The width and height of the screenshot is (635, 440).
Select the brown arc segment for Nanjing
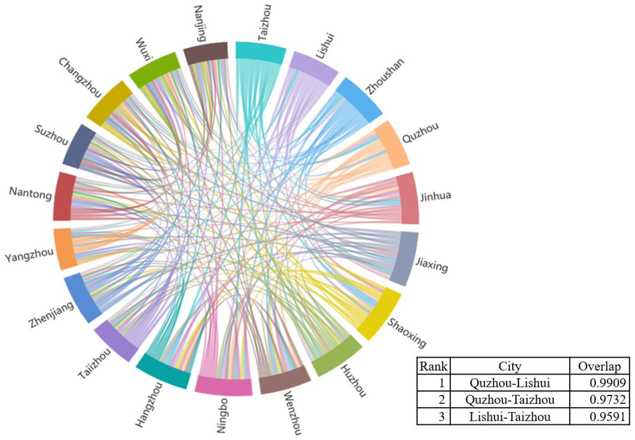pos(206,53)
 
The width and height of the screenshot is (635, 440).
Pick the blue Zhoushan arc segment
pos(359,99)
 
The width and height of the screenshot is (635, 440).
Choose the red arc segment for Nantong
pos(64,197)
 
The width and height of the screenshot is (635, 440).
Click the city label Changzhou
pos(80,78)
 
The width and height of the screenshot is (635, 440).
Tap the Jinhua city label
pos(436,196)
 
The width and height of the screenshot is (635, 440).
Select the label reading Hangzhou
pos(149,405)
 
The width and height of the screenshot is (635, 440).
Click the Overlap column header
pos(599,366)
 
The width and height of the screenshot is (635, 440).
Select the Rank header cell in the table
pos(433,366)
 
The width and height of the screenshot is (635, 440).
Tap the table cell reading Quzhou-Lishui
pos(510,383)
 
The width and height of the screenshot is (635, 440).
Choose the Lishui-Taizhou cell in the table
pos(510,416)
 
